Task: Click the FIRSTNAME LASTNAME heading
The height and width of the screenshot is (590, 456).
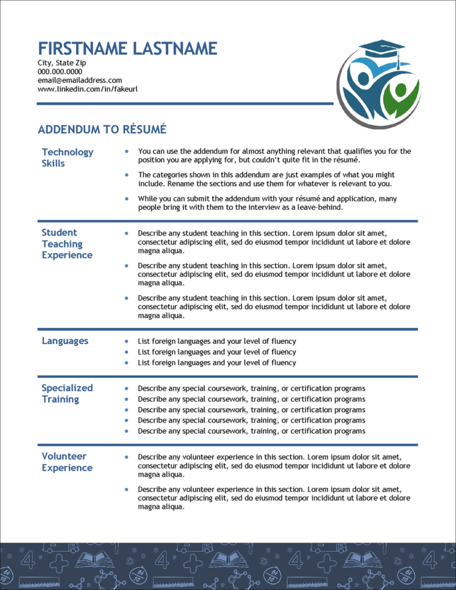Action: click(x=127, y=48)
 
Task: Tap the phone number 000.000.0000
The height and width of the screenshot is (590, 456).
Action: click(x=60, y=72)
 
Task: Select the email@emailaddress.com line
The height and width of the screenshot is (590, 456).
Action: click(x=80, y=80)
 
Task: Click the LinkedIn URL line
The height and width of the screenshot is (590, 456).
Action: click(x=87, y=89)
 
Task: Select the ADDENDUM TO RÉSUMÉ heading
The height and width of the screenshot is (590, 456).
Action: click(x=102, y=130)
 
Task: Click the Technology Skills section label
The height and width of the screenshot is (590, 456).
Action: click(x=67, y=158)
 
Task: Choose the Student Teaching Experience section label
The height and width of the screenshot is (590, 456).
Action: click(x=66, y=244)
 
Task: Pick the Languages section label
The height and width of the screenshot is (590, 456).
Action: click(x=65, y=341)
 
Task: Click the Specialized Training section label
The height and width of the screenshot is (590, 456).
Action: click(x=67, y=393)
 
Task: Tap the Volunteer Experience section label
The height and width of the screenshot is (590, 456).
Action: click(x=67, y=462)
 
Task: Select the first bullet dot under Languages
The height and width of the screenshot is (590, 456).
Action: click(x=126, y=341)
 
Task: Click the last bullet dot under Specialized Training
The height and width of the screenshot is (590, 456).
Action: click(x=126, y=432)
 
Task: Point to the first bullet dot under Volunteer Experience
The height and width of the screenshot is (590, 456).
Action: click(x=126, y=457)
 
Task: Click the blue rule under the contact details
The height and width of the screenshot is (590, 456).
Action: click(x=185, y=104)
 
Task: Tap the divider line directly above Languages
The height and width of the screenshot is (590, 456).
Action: click(x=227, y=329)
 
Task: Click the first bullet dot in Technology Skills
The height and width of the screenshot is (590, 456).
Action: click(x=126, y=152)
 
